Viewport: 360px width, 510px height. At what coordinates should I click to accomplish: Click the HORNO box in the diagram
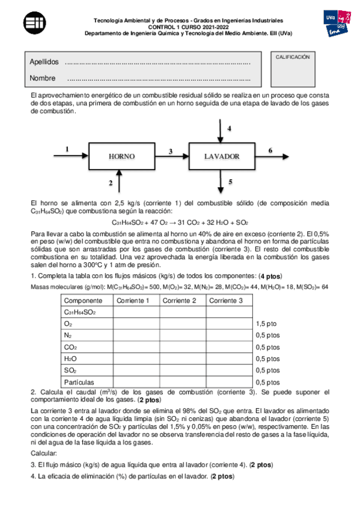coord(121,156)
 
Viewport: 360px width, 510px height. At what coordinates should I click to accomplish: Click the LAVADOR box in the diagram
coord(222,156)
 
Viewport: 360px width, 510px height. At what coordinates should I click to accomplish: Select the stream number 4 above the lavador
coord(229,129)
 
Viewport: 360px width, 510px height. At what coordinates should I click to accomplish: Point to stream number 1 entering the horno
coord(67,149)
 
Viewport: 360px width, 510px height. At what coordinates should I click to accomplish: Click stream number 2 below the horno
coord(111,182)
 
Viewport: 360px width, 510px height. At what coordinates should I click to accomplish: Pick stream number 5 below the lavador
coord(230,181)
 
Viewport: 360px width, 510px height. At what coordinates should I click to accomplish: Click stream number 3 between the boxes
coord(171,151)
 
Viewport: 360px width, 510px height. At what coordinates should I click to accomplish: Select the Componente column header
coord(83,300)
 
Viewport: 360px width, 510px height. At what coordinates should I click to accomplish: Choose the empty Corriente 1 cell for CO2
coord(136,347)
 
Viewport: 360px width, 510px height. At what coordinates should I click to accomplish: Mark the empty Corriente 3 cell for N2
coord(229,335)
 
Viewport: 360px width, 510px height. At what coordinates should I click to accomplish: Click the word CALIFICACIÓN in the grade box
coord(293,57)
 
